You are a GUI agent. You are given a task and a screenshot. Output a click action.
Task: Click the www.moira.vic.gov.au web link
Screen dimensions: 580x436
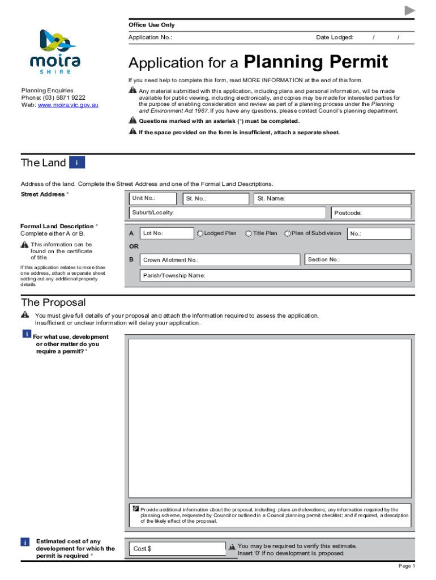[68, 105]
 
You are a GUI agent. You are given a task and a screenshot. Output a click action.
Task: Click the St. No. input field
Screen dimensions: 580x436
[215, 199]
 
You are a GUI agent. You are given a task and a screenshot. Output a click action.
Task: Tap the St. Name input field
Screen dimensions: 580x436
[333, 199]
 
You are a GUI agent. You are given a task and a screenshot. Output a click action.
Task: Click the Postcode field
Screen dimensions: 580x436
[371, 213]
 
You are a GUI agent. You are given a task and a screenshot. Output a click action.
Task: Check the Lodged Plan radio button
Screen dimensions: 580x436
[200, 233]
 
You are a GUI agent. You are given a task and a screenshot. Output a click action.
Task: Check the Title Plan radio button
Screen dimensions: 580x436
[249, 233]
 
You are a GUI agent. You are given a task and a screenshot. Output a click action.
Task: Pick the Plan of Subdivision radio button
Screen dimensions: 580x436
[288, 233]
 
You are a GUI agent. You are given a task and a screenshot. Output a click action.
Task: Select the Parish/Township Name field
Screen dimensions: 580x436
[276, 276]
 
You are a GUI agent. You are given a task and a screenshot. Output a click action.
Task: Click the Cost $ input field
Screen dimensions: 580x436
[177, 548]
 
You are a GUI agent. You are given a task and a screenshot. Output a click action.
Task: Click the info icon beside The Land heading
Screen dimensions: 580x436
[77, 163]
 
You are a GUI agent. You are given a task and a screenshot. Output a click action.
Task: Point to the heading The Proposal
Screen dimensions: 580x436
[53, 302]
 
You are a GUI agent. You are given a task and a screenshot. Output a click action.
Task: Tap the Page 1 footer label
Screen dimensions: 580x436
[407, 566]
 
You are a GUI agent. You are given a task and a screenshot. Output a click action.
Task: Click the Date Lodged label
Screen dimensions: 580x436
[335, 37]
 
